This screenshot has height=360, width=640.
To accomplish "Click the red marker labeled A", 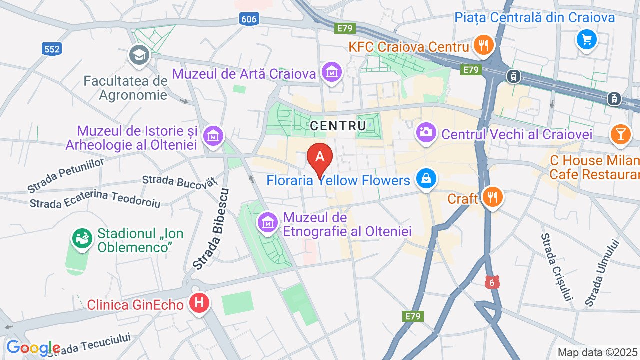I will [320, 157].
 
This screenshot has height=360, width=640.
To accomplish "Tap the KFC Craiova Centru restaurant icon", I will [483, 45].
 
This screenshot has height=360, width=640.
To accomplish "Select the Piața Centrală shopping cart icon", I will [586, 39].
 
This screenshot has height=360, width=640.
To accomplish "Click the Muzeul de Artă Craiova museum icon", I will [331, 72].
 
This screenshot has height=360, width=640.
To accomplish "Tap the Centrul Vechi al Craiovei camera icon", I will [426, 133].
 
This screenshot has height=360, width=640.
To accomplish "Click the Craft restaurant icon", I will [492, 197].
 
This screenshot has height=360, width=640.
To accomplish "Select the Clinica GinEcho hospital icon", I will [199, 303].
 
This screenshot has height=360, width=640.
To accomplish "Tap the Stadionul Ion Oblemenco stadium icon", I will [82, 238].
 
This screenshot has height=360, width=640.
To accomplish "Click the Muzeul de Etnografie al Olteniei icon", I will [268, 222].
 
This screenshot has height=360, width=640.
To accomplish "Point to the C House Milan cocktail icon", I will [620, 134].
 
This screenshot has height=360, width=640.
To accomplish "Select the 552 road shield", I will [51, 48].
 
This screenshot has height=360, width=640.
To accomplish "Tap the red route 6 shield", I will [492, 282].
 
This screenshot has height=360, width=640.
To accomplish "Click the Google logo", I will [33, 347].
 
